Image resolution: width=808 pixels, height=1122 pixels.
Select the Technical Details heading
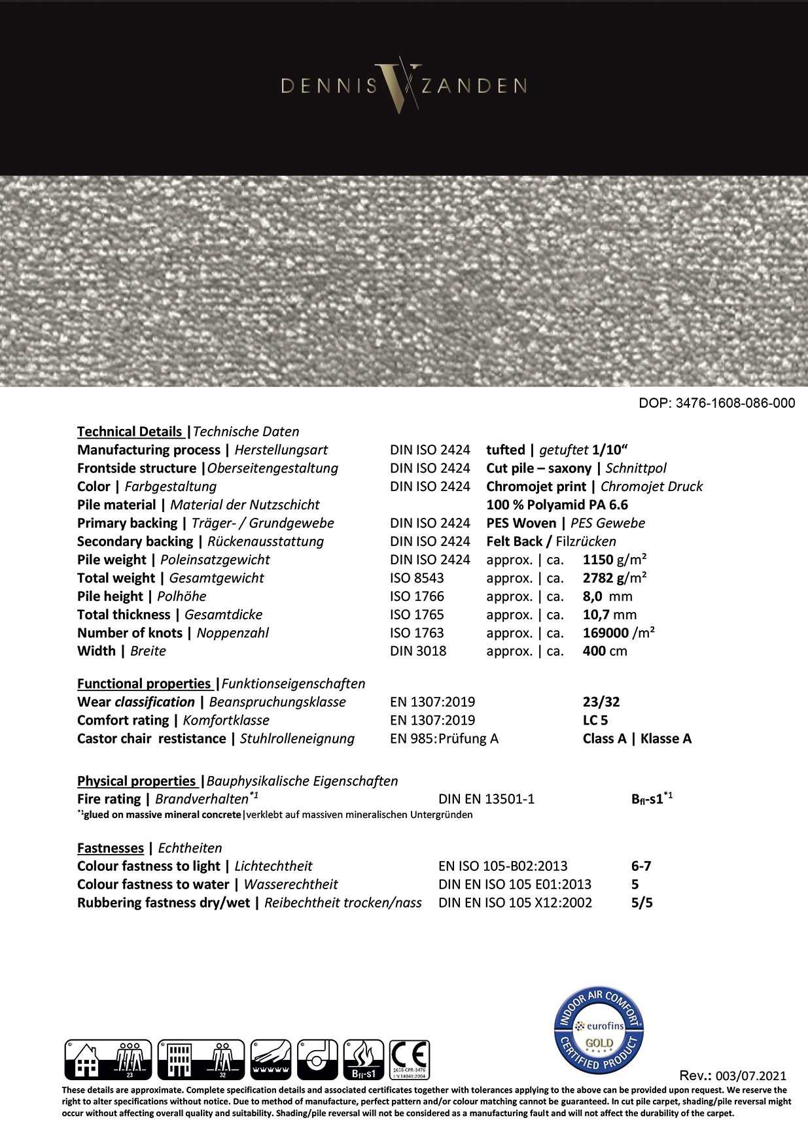pos(130,432)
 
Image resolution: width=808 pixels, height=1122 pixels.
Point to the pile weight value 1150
pos(598,560)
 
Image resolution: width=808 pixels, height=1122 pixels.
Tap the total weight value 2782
pos(598,578)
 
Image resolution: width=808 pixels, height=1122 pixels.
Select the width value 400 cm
pos(605,651)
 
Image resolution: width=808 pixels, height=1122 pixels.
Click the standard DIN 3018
pos(418,651)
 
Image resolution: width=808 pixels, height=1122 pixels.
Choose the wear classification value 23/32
pos(601,702)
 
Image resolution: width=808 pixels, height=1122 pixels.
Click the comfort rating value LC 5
pos(595,721)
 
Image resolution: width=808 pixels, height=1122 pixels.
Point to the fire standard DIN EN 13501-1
pos(486,799)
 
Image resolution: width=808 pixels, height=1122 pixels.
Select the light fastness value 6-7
pos(641,866)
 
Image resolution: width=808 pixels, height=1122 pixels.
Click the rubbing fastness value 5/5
pos(642,903)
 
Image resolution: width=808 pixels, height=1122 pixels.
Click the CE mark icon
pos(410,1059)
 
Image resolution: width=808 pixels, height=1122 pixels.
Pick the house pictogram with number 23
pos(108,1059)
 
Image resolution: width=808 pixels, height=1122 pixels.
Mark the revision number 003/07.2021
pos(751,1076)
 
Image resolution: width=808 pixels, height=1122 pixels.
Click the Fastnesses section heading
pos(111,848)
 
